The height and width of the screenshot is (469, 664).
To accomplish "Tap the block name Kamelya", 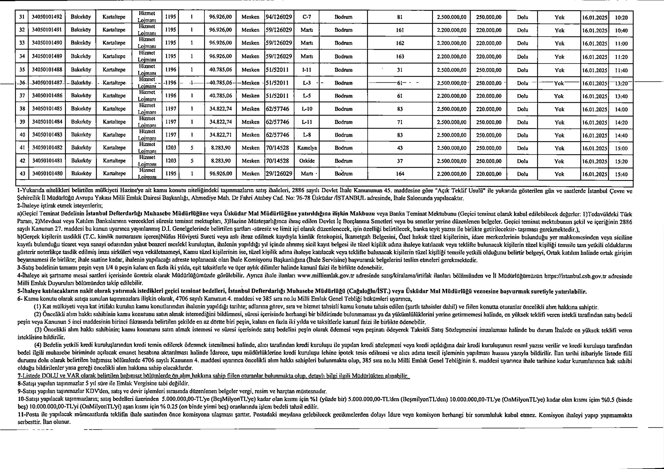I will [307, 148].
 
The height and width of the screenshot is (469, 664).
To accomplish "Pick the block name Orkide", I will [307, 161].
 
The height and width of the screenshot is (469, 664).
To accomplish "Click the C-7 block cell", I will [307, 17].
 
